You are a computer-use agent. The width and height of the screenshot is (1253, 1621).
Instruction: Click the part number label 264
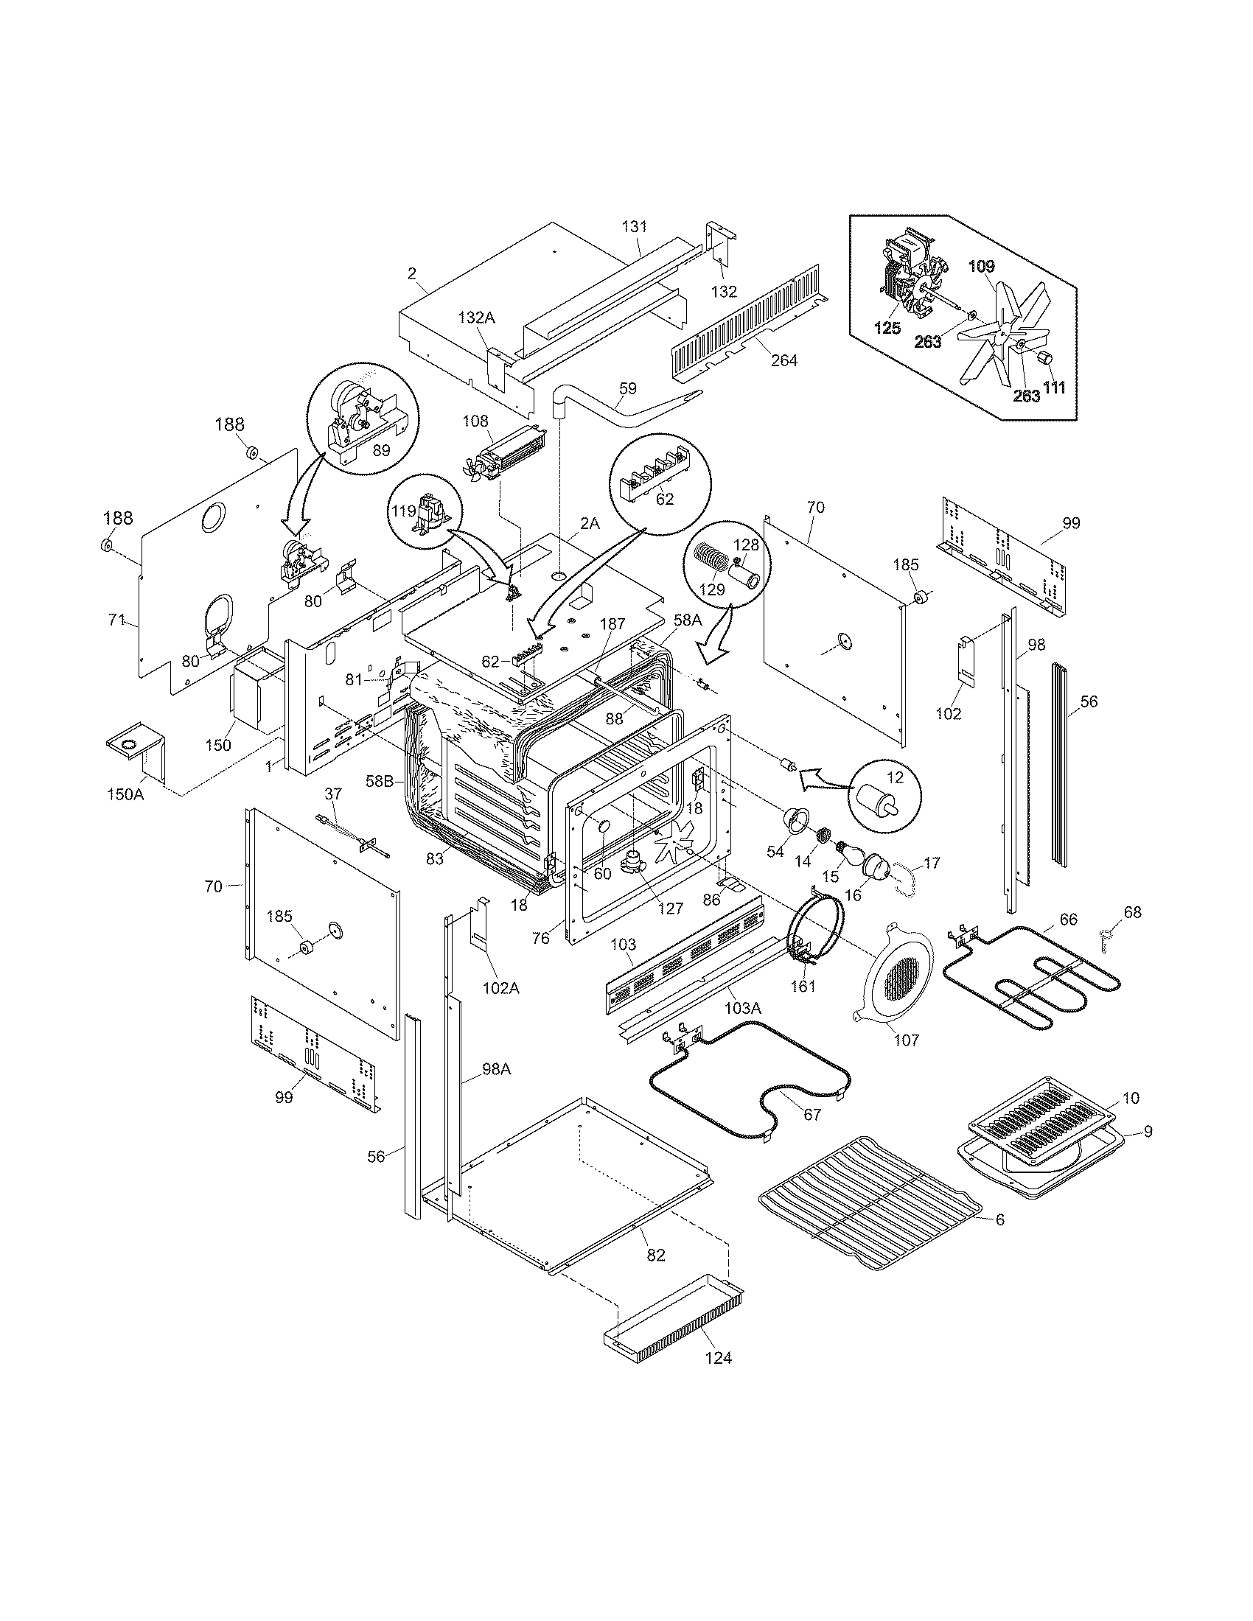click(x=784, y=361)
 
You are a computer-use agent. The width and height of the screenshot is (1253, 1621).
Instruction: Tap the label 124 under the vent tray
click(x=718, y=1357)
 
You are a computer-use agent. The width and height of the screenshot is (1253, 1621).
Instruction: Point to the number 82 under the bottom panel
click(x=656, y=1254)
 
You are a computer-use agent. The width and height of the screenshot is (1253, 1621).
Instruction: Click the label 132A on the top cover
click(x=477, y=318)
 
